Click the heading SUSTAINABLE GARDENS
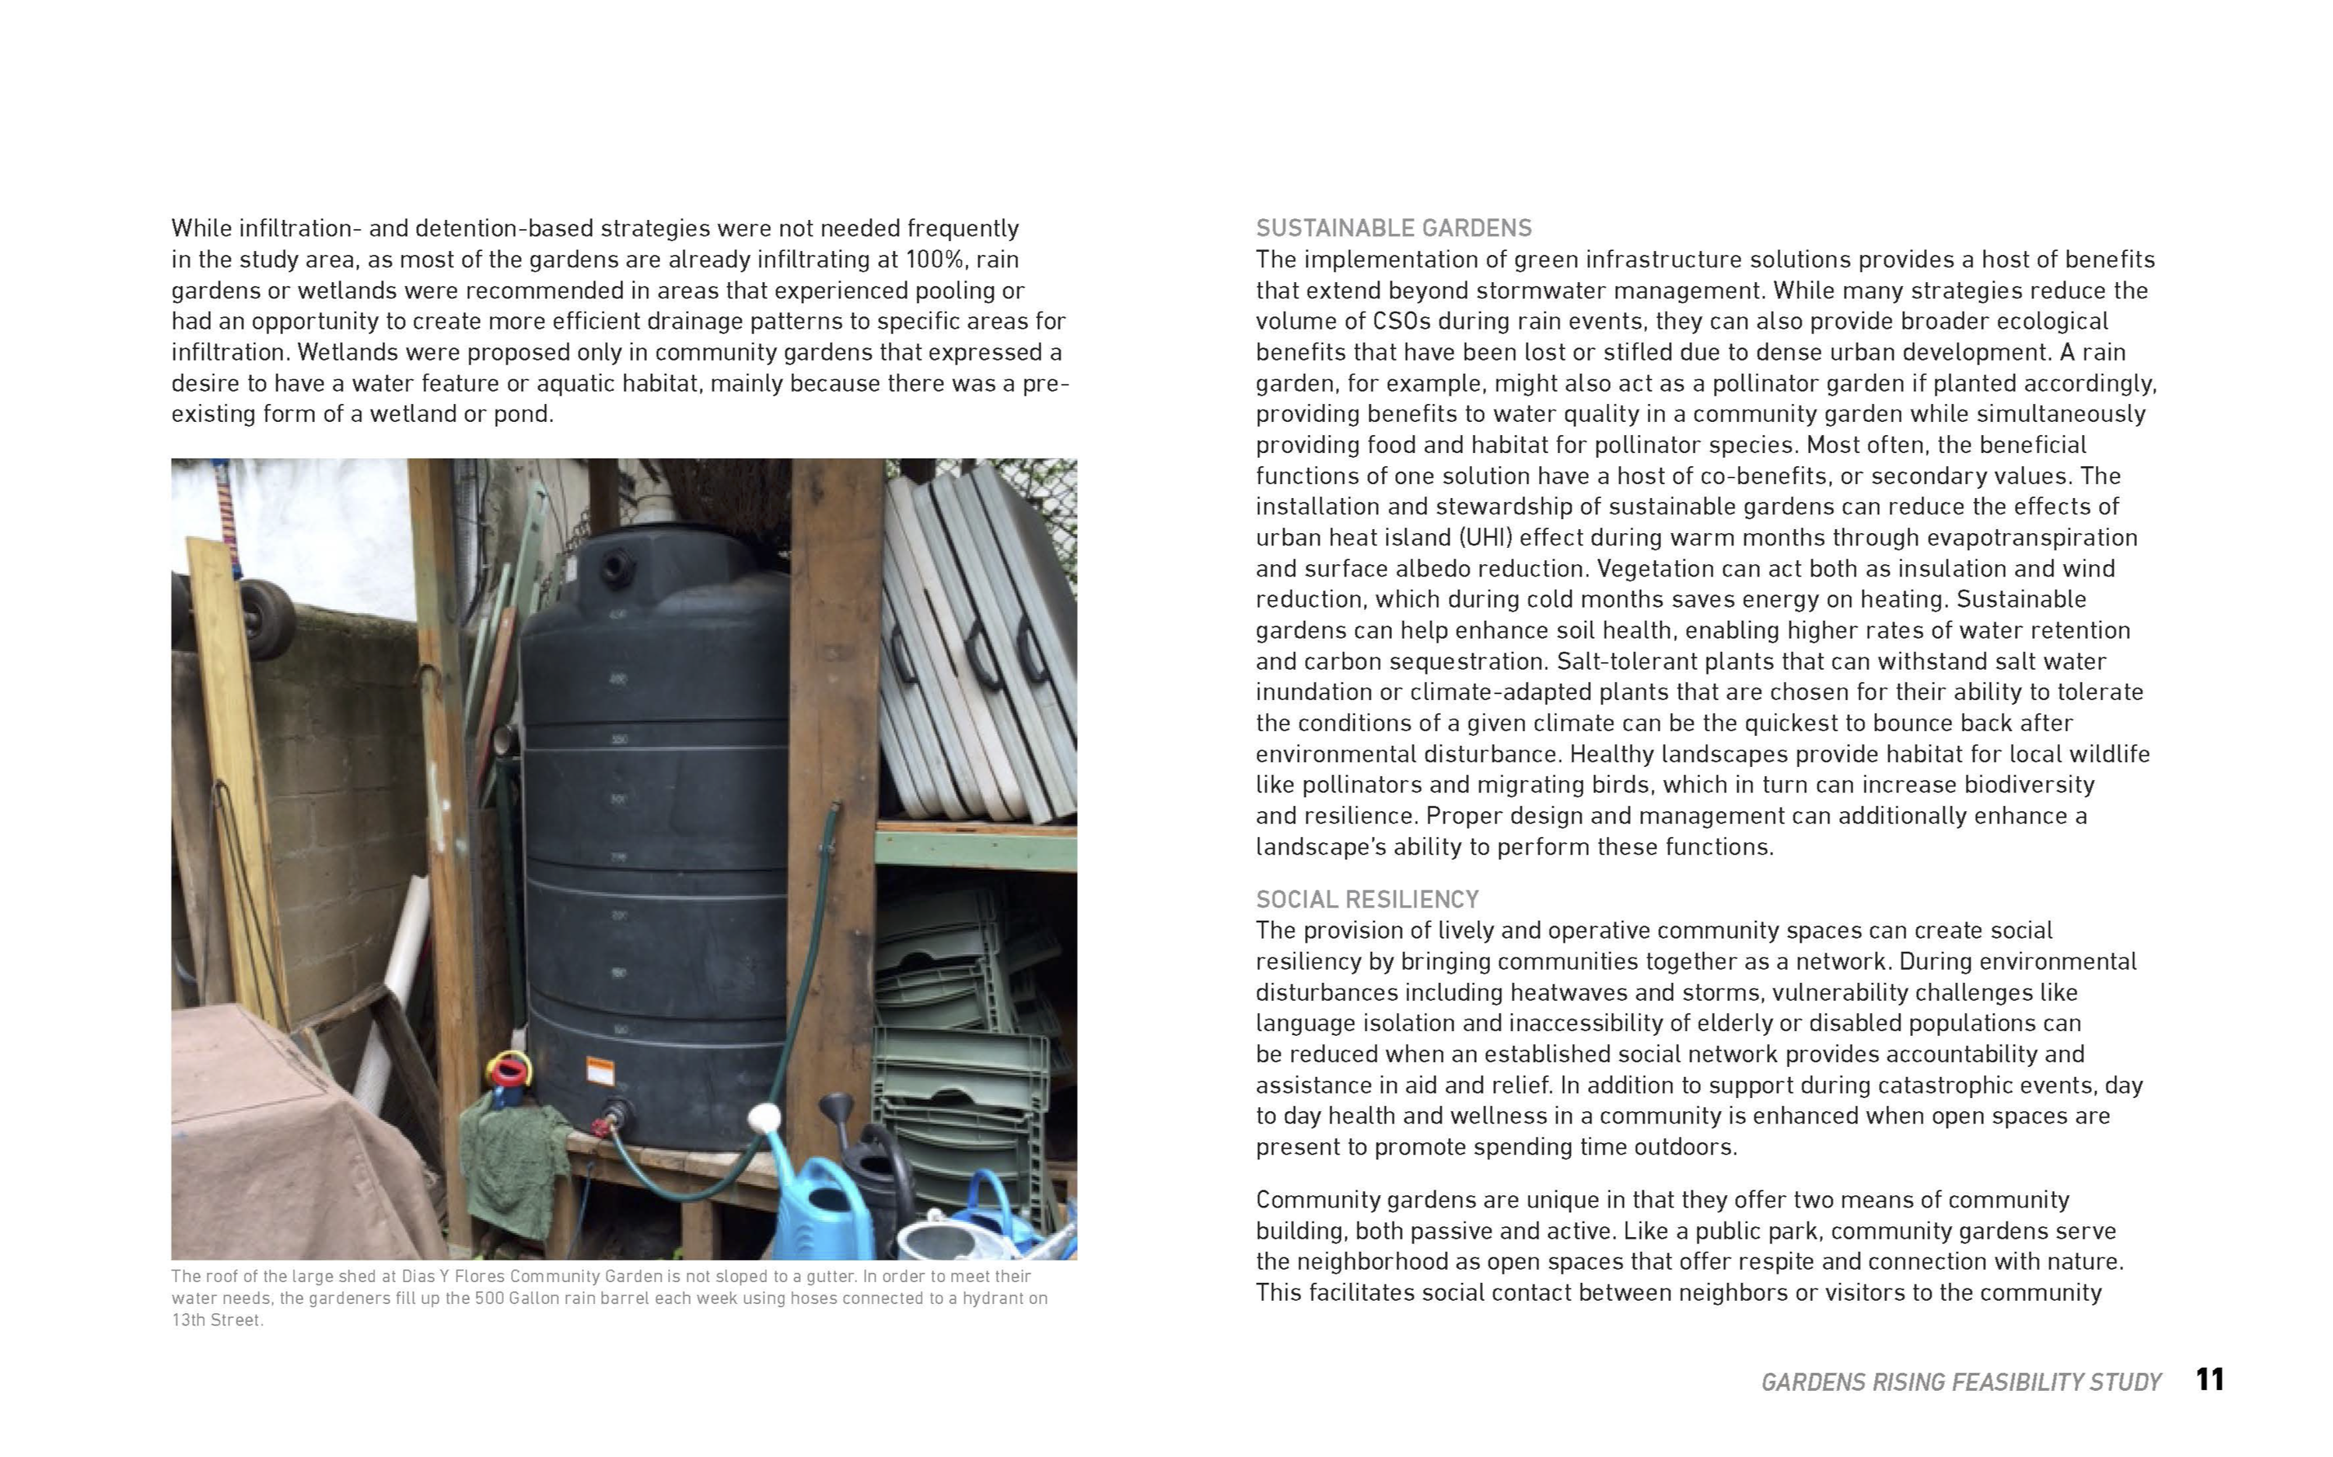click(x=1393, y=228)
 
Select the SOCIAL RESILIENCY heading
click(x=1367, y=899)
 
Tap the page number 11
click(x=2209, y=1380)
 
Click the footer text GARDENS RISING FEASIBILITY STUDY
click(x=1960, y=1383)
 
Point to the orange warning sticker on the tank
click(x=600, y=1072)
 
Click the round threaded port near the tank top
click(x=616, y=566)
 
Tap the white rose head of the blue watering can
click(x=764, y=1117)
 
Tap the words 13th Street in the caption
click(x=216, y=1320)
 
